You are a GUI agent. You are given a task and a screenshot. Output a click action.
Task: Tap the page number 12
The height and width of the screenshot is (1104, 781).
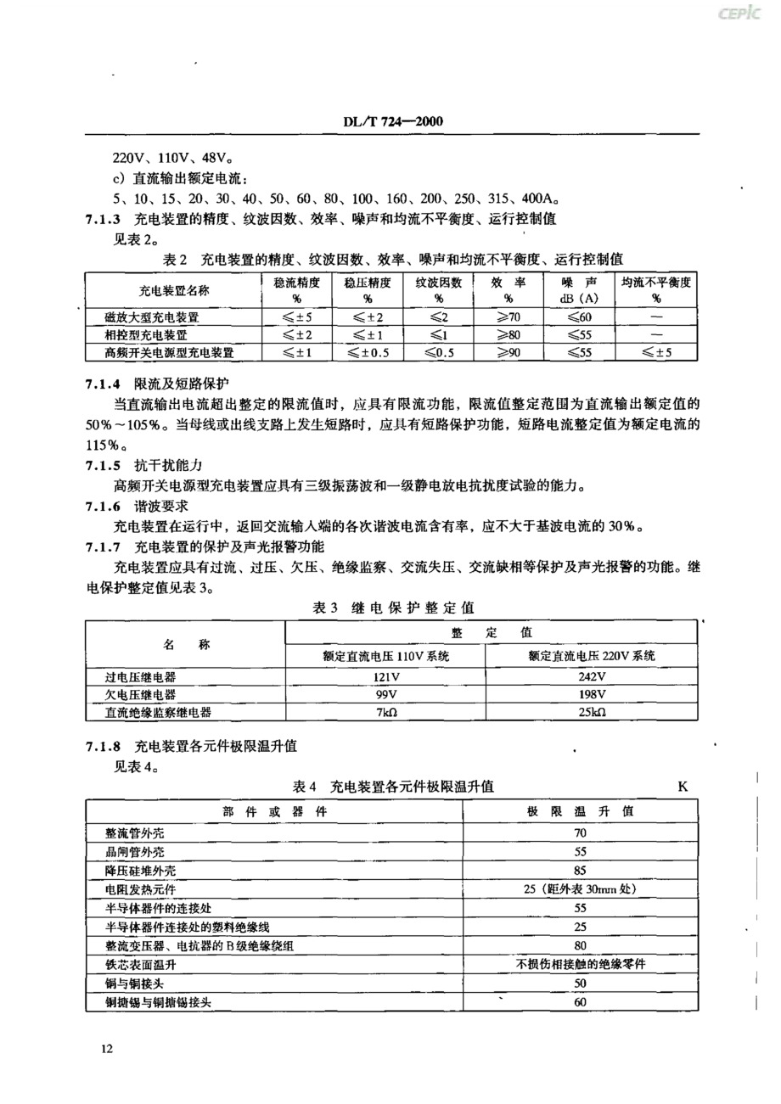(x=107, y=1049)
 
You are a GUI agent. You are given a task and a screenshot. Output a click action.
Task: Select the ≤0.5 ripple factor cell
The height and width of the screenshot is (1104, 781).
(x=438, y=351)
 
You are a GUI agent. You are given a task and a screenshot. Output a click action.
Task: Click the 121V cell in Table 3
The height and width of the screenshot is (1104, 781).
(x=386, y=675)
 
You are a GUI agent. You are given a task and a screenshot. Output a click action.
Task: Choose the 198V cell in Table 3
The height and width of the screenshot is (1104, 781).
(x=591, y=694)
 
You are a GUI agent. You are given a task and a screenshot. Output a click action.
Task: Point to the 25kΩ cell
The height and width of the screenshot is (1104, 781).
(x=591, y=713)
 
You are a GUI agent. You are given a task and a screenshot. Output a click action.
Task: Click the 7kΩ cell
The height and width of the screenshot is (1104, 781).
(x=386, y=713)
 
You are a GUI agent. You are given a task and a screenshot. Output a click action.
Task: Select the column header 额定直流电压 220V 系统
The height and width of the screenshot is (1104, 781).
(x=591, y=655)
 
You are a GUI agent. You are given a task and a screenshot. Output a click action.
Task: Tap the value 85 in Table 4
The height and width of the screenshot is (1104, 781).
(x=581, y=871)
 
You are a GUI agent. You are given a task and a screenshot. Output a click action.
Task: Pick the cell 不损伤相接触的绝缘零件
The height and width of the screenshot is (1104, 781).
(x=581, y=964)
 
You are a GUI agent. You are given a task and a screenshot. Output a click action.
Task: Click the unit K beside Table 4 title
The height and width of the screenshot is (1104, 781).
(x=683, y=787)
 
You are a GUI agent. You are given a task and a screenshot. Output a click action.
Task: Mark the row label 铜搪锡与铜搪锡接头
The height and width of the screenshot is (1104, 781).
(x=158, y=1001)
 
